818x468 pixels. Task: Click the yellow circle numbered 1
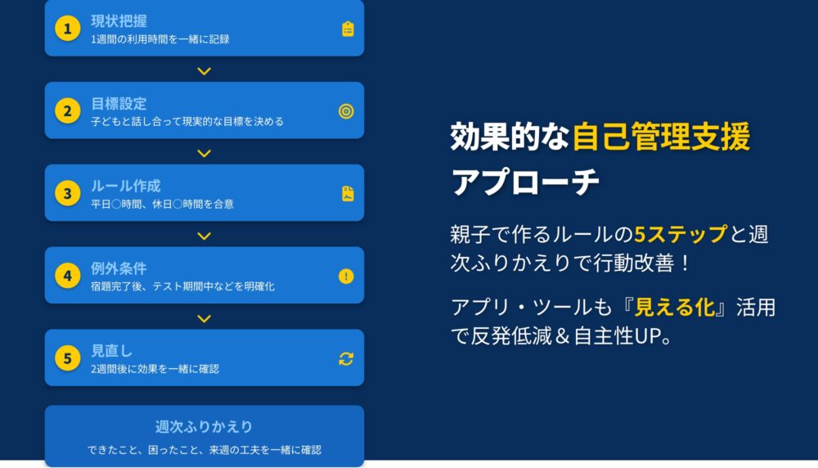[68, 28]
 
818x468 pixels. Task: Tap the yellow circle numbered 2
[68, 110]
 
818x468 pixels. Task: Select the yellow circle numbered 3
[68, 193]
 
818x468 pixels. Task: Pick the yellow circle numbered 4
[68, 276]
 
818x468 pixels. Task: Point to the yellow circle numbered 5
[68, 358]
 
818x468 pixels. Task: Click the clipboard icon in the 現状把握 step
[348, 29]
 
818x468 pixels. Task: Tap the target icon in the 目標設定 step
[346, 111]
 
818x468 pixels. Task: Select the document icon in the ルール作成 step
[348, 194]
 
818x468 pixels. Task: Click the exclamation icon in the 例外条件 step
[346, 276]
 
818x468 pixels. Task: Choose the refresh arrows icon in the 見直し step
[346, 358]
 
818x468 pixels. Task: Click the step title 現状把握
[119, 21]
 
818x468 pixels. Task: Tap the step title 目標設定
[119, 103]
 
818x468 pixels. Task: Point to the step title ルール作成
[126, 186]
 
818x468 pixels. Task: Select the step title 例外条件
[119, 268]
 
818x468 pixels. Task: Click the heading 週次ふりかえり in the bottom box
[204, 427]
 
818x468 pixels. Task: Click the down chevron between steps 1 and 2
[204, 71]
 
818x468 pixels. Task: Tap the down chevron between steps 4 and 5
[204, 318]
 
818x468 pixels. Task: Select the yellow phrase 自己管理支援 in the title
[662, 136]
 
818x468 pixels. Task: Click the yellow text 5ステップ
[681, 234]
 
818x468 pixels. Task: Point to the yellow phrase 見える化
[675, 308]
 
